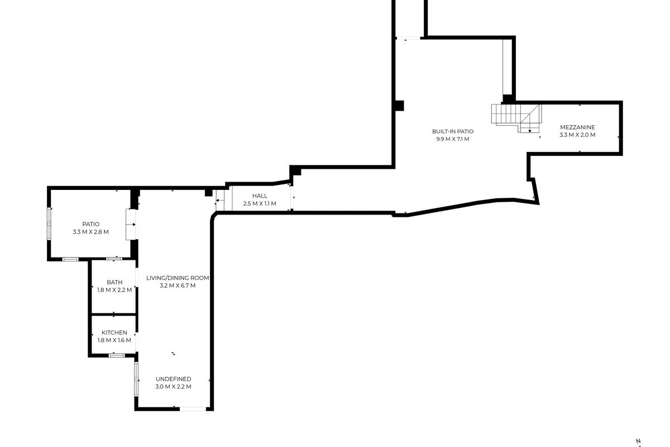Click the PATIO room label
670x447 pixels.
91,224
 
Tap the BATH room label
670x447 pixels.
114,282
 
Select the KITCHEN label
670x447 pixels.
114,332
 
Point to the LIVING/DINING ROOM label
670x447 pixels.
178,278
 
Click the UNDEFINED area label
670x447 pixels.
174,379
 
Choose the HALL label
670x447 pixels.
260,196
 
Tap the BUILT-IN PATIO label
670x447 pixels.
453,131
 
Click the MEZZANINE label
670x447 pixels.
577,127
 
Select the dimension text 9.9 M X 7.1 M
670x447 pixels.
453,139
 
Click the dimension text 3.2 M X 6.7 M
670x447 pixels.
178,286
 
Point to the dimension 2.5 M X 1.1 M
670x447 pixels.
260,203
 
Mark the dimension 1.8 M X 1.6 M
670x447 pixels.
114,340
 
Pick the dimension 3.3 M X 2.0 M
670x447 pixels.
577,135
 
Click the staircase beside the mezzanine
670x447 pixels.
516,118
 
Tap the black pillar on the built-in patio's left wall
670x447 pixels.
400,106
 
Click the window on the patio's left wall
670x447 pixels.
49,224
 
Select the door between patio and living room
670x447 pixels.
131,225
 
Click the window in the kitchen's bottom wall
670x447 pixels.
117,355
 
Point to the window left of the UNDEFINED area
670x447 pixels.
136,379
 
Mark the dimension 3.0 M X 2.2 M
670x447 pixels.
174,387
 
